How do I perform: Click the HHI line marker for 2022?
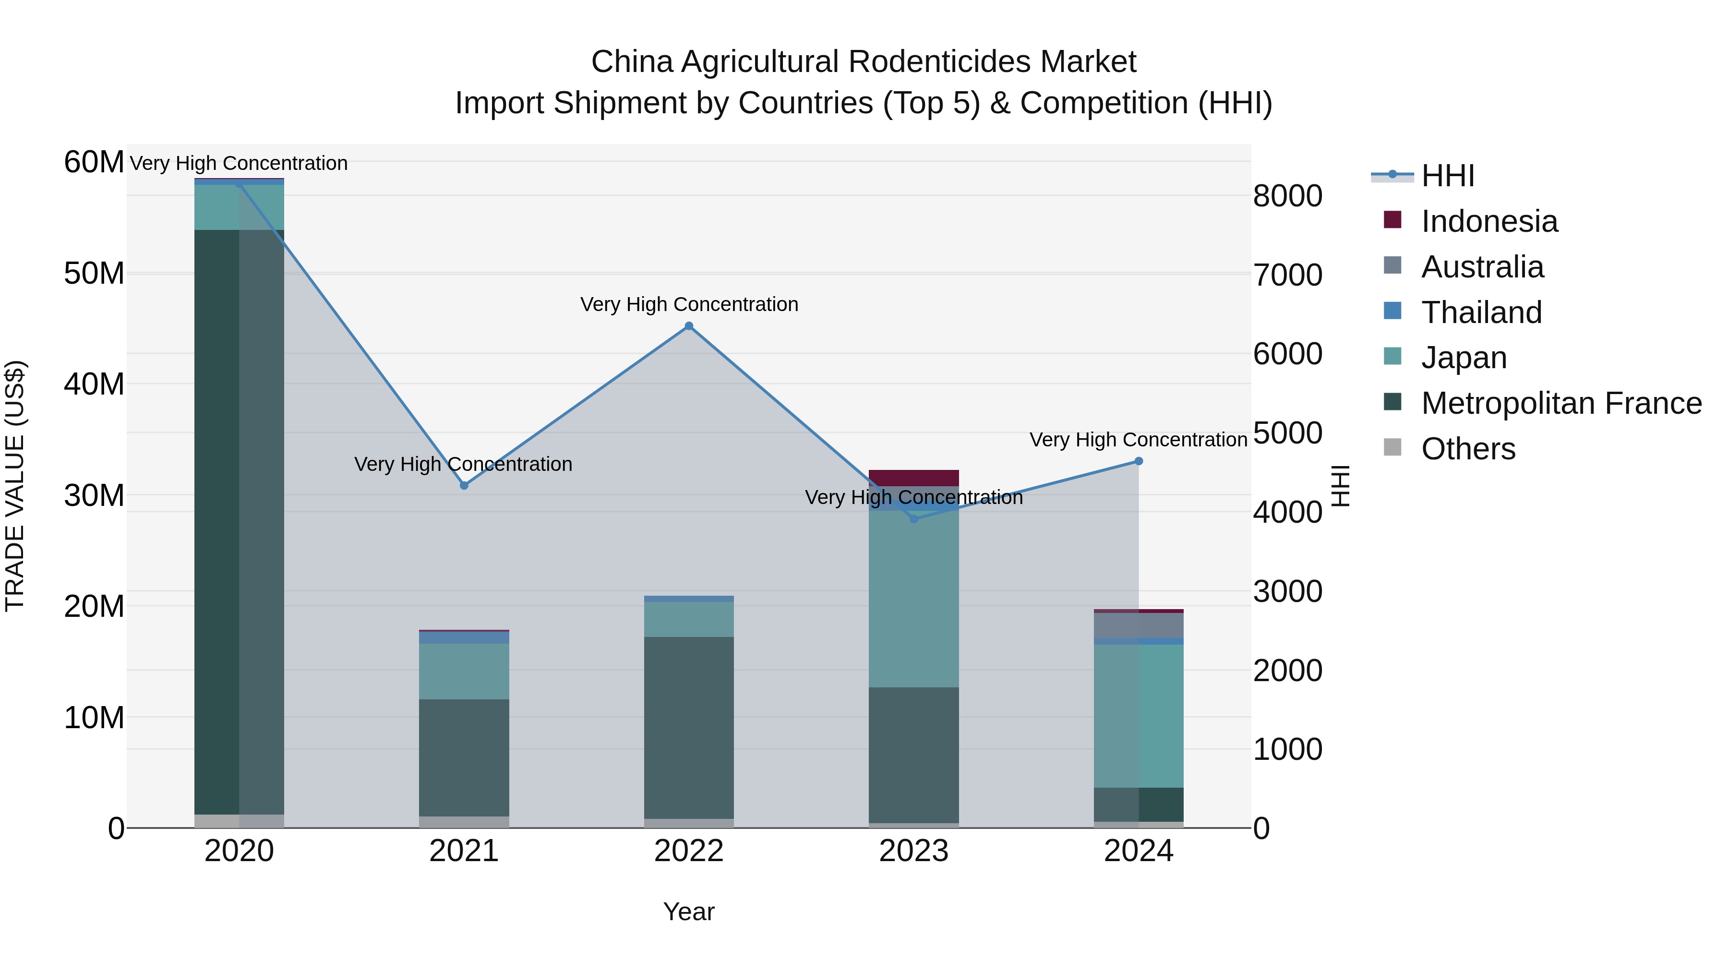pos(688,326)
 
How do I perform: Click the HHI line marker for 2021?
pos(464,485)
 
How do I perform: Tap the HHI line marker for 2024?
pos(1139,461)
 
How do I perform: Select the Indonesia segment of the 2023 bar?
pos(913,478)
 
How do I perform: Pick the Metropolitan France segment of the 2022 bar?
pos(688,728)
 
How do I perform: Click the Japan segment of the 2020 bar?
pos(239,207)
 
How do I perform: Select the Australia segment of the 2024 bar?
pos(1139,625)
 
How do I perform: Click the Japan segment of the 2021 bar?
pos(464,671)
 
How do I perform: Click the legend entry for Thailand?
pos(1481,312)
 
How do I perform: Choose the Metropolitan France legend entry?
pos(1561,403)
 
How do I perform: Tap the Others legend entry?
pos(1468,449)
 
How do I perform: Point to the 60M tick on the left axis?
pos(94,162)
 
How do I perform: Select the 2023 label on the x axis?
pos(913,851)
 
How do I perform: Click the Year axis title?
pos(688,912)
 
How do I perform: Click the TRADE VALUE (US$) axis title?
pos(15,486)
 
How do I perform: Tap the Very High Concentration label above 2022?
pos(689,304)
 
